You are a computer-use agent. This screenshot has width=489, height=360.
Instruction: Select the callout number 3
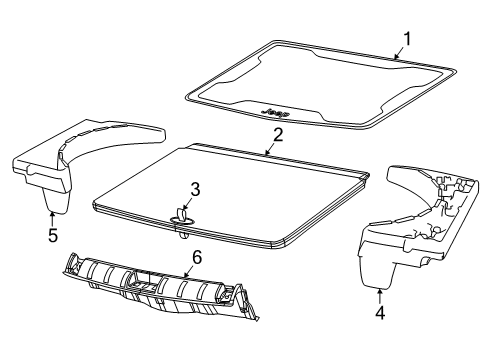tap(196, 187)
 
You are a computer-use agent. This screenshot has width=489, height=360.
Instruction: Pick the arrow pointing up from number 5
tap(53, 218)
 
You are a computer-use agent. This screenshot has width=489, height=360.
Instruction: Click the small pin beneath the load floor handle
tap(184, 236)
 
